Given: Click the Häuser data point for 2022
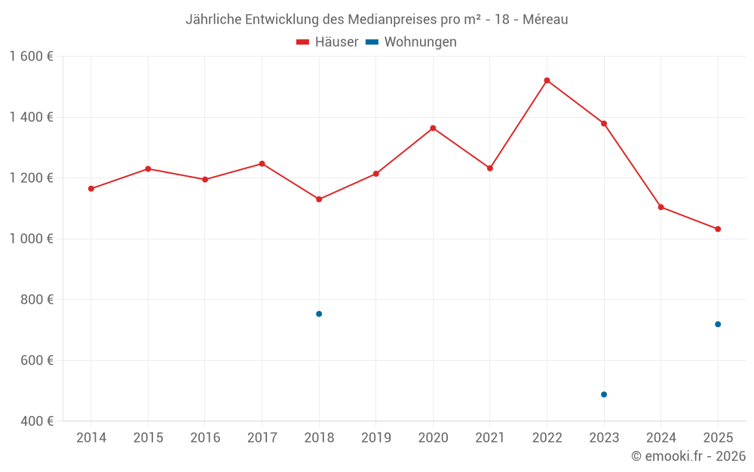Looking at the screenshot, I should (547, 80).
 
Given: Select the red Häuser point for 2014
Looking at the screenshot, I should (91, 189).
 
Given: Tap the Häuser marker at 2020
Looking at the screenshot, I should (433, 128).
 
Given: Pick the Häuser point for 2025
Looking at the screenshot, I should (718, 229).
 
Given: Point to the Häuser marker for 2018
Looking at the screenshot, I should (319, 199).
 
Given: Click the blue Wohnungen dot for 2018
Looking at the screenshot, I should (319, 314).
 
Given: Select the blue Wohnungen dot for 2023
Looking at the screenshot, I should (604, 394).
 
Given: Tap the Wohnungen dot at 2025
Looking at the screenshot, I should (718, 324).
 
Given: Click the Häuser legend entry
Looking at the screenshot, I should (327, 42).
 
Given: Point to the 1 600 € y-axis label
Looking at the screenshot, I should (31, 57).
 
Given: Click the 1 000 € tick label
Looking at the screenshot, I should (31, 239).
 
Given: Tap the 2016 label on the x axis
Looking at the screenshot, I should (205, 438).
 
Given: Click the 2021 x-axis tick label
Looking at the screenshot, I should (490, 438).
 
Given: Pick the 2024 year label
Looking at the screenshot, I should (661, 438).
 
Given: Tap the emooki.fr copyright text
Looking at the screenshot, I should (688, 456).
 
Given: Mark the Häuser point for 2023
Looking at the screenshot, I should (604, 124).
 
